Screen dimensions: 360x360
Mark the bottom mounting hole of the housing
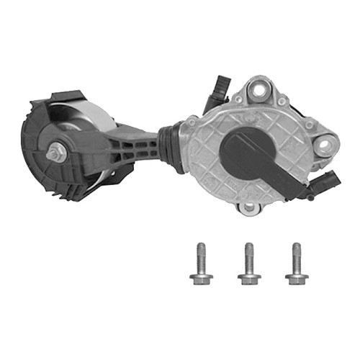(249, 207)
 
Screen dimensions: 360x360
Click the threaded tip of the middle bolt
(248, 248)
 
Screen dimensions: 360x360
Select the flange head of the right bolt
(296, 277)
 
